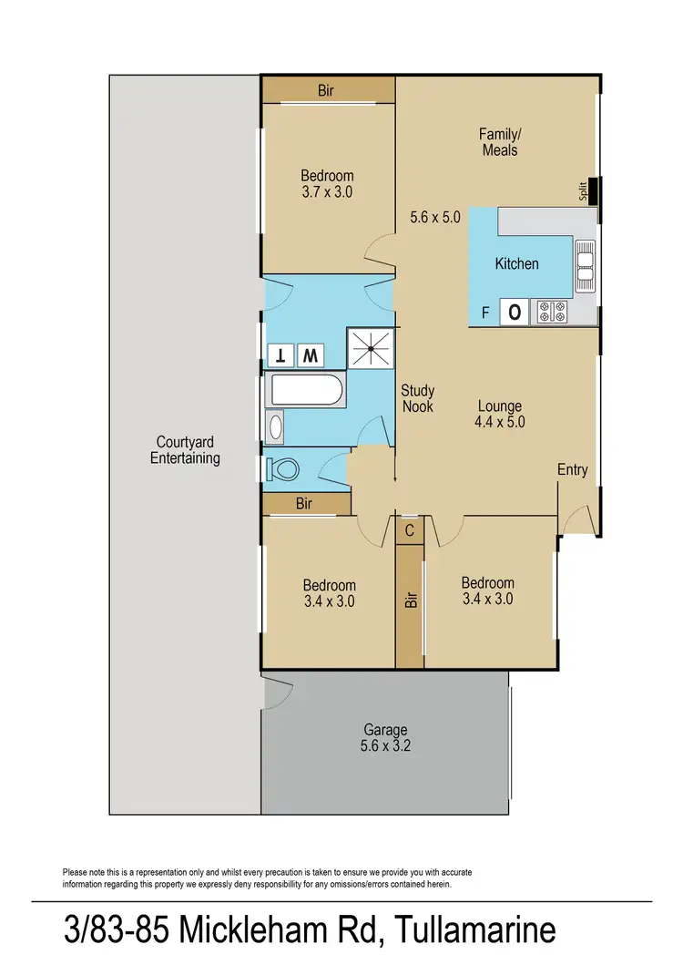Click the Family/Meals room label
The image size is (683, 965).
coord(499,141)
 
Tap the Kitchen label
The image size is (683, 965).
coord(516,263)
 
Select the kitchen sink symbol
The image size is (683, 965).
coord(584,265)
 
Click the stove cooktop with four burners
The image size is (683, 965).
coord(551,313)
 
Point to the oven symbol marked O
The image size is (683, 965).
coord(515,313)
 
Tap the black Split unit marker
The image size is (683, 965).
coord(594,192)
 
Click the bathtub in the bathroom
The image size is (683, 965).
coord(304,393)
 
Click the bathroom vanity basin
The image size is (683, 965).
coord(275,426)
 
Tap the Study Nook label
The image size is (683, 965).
coord(417,398)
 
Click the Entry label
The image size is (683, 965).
coord(573,470)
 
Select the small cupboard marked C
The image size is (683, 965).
coord(409,529)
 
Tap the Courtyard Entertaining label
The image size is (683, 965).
coord(185,450)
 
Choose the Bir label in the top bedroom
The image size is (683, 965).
coord(327,90)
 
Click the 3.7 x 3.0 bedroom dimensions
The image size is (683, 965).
coord(327,192)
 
